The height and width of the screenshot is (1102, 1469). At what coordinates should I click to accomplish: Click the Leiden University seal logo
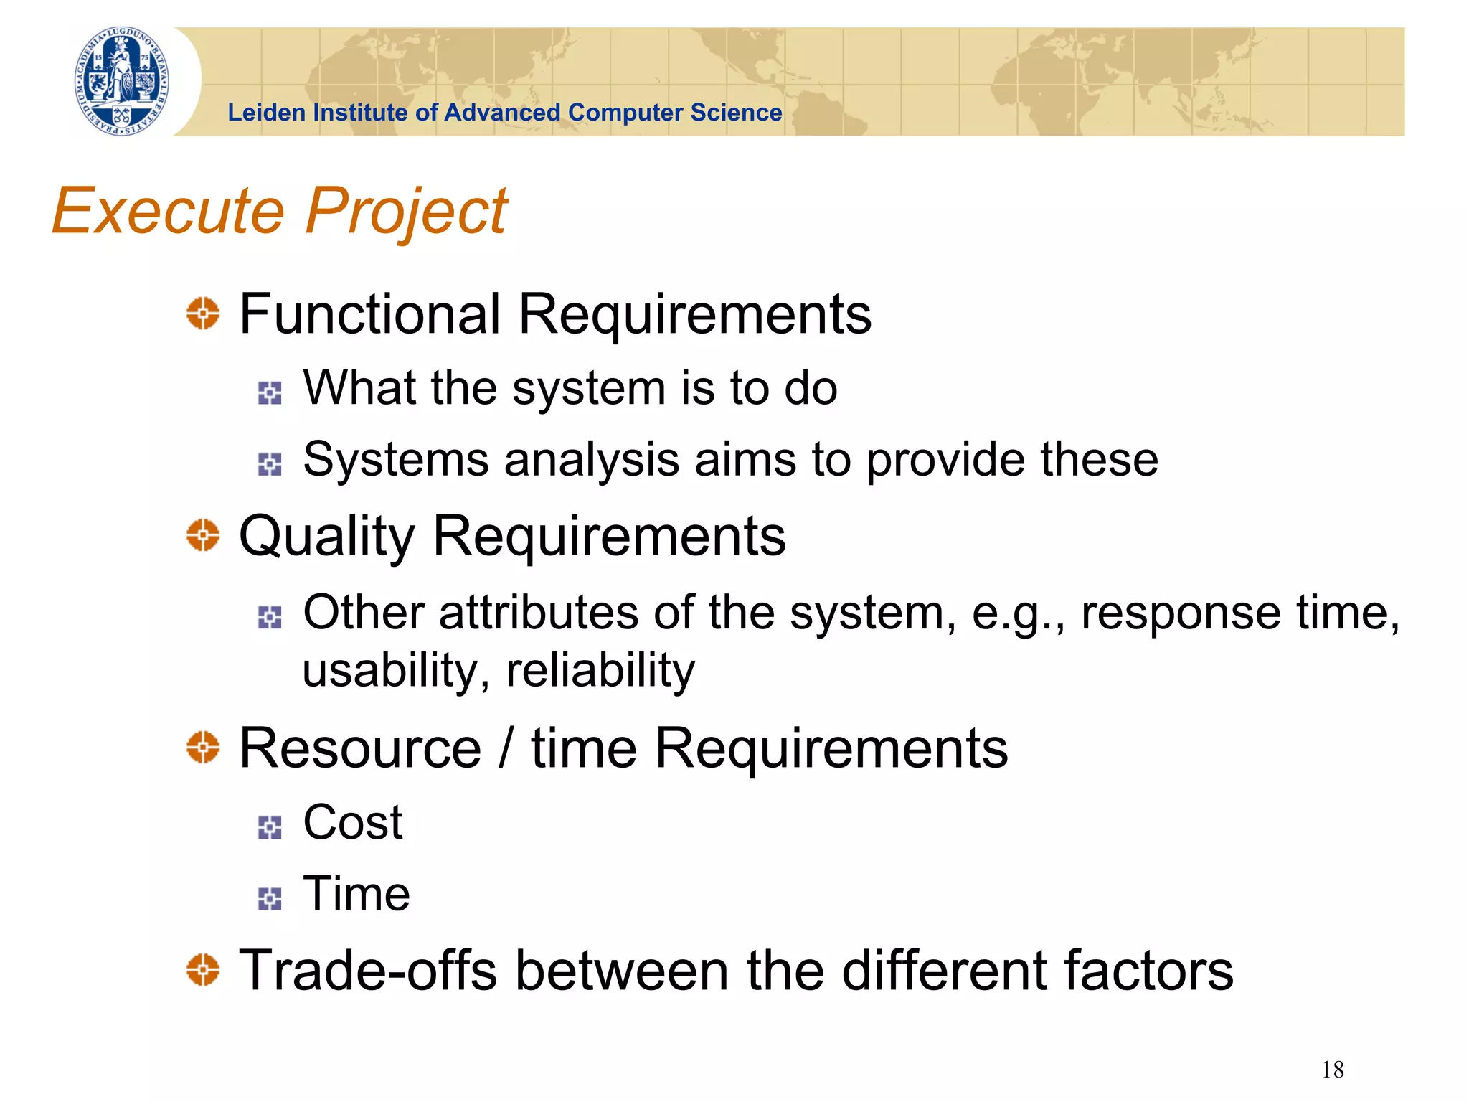(x=122, y=80)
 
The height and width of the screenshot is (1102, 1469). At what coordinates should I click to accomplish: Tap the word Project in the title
(x=407, y=212)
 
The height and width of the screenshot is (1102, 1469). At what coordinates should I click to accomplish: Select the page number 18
(x=1332, y=1070)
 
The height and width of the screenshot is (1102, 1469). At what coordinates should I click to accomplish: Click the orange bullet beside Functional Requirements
(x=203, y=314)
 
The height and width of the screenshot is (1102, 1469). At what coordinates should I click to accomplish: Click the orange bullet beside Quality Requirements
(x=203, y=535)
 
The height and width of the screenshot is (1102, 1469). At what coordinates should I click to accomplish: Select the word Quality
(x=326, y=538)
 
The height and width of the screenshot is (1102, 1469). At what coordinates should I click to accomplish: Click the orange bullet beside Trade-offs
(x=203, y=970)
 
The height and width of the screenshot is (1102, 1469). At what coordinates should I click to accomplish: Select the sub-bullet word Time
(x=356, y=894)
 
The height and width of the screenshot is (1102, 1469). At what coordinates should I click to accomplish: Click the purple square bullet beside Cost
(x=270, y=827)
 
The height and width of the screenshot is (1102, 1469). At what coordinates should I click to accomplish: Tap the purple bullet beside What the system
(x=270, y=392)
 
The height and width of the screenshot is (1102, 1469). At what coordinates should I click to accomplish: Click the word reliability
(x=600, y=671)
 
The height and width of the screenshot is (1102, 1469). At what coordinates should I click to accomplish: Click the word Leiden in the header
(x=266, y=113)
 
